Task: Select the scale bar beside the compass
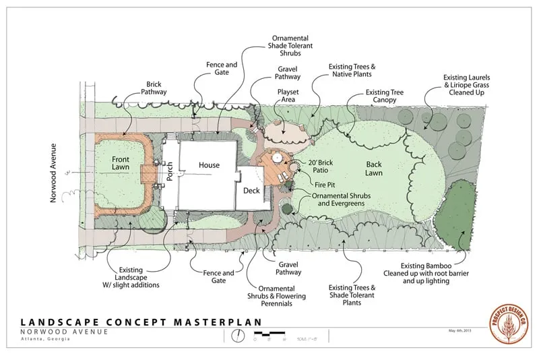270,334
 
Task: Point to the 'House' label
209,164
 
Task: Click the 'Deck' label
251,191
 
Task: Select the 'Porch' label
170,174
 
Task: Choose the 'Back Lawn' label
374,169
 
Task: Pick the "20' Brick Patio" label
324,167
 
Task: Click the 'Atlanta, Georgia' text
45,338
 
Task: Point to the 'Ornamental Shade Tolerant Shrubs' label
290,45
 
